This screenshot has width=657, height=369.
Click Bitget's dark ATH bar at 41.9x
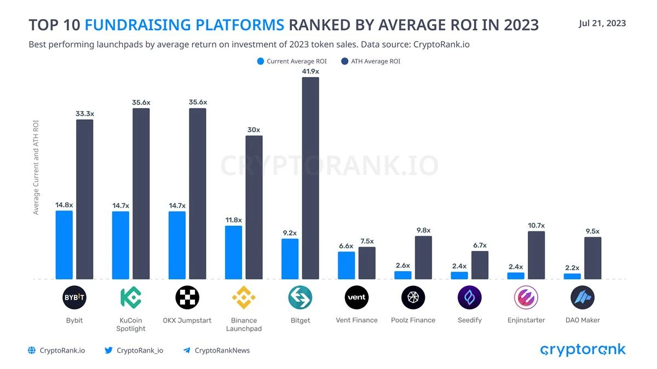click(x=310, y=178)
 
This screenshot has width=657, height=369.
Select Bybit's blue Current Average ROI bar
click(x=64, y=245)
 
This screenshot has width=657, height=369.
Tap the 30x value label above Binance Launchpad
click(x=253, y=130)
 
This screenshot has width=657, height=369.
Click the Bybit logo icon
click(x=74, y=297)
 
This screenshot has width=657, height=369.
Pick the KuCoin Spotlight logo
click(x=131, y=297)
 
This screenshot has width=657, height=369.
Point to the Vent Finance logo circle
click(x=356, y=297)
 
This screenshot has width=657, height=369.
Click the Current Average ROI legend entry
click(x=292, y=61)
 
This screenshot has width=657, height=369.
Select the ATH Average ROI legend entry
click(x=371, y=61)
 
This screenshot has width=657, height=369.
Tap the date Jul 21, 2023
click(x=602, y=23)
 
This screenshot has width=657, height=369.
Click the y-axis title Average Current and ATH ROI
click(x=36, y=167)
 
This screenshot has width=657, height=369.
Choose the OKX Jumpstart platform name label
click(x=187, y=320)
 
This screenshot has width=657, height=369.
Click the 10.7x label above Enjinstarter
click(x=536, y=225)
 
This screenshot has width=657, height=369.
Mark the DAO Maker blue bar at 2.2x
click(x=572, y=276)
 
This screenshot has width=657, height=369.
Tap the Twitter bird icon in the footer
click(x=108, y=350)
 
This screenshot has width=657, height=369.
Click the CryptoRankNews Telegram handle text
click(x=222, y=350)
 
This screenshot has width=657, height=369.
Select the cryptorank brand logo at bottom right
click(x=583, y=350)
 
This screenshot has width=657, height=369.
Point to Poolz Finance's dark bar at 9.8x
click(x=423, y=257)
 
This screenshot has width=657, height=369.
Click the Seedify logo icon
click(x=470, y=297)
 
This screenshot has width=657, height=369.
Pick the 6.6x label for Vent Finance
click(x=346, y=246)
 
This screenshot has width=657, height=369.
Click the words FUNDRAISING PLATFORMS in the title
click(x=185, y=25)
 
